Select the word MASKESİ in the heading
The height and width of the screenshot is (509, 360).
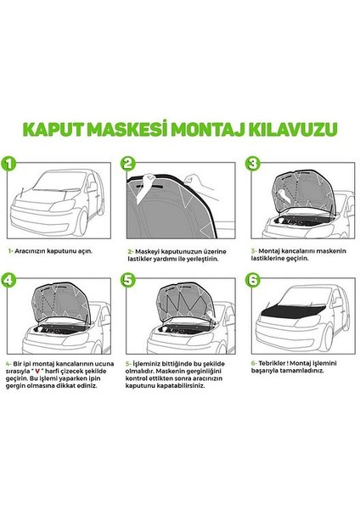[135, 130]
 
